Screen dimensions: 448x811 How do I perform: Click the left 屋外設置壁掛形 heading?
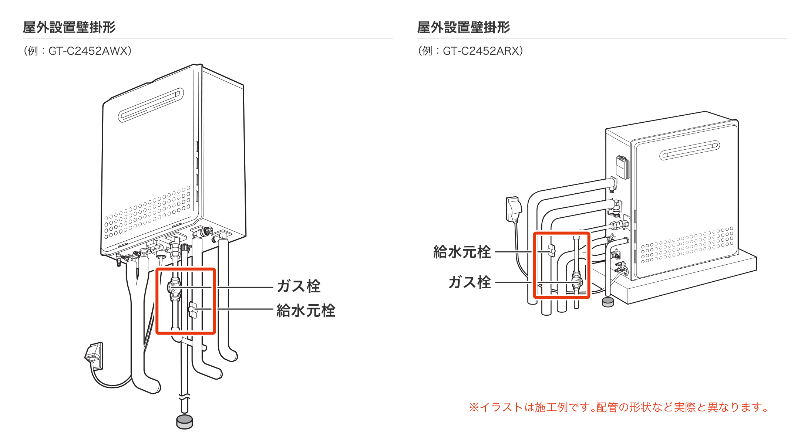tap(69, 27)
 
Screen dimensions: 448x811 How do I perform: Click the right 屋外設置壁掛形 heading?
tap(464, 27)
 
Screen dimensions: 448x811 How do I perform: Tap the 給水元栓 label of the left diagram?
tap(306, 311)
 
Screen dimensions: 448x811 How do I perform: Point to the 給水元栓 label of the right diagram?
tap(462, 252)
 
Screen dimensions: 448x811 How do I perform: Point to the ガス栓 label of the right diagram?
tap(470, 282)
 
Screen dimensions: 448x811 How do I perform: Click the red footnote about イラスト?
tap(620, 407)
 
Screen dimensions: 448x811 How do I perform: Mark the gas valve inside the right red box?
tap(576, 281)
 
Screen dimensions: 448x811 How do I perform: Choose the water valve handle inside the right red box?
tap(551, 250)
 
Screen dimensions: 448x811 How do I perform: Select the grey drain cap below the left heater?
tap(185, 422)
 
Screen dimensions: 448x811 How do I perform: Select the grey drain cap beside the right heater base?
tap(608, 302)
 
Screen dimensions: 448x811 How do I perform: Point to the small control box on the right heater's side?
tap(622, 167)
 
